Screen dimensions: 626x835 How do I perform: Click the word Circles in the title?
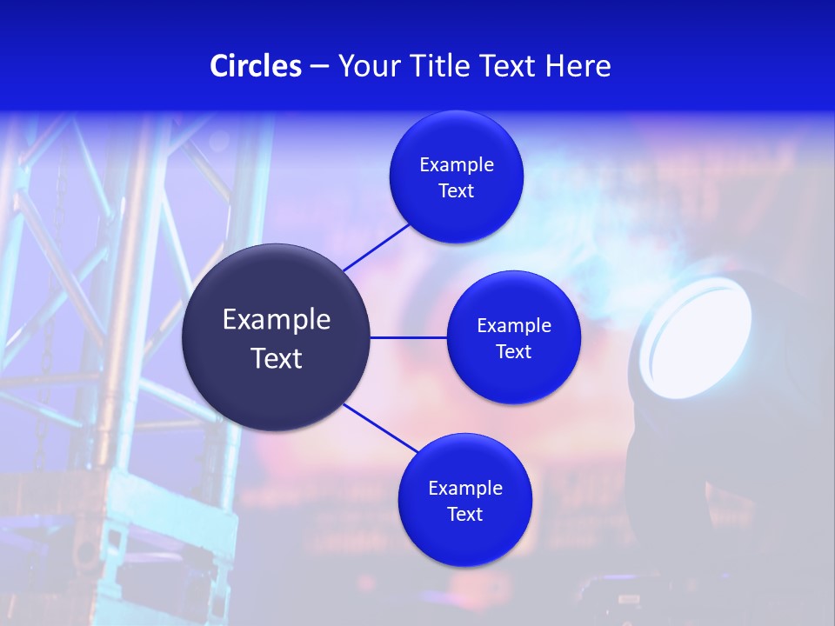pos(255,65)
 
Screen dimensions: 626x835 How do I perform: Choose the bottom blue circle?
pos(464,539)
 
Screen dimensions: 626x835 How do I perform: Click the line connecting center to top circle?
pos(377,247)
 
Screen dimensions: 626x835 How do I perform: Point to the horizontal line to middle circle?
pos(409,337)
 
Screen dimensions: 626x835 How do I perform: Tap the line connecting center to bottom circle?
pos(381,428)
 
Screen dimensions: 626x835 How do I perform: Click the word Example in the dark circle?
pos(277,320)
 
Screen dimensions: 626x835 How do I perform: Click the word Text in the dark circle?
pos(277,358)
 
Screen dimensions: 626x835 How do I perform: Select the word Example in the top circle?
pos(457,165)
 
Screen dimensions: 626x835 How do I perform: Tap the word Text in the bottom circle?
pos(464,514)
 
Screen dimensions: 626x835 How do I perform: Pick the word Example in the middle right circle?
pos(514,326)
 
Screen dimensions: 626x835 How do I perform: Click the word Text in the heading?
pos(508,65)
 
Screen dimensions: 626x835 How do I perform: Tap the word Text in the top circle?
pos(457,190)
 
